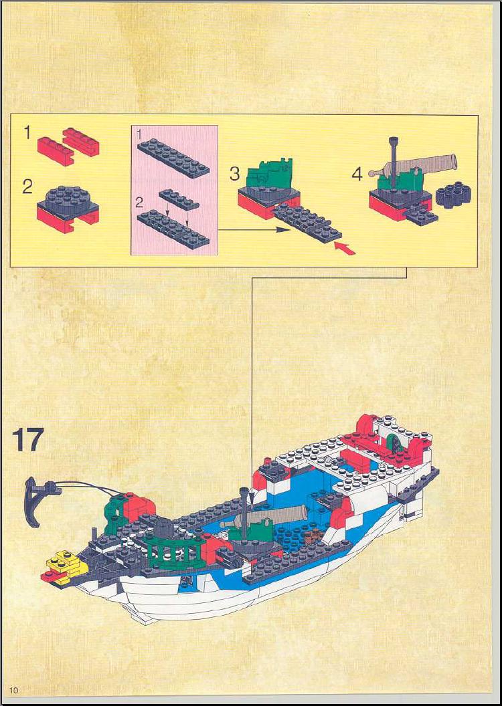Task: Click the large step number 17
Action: coord(28,439)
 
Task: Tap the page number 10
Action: coord(13,690)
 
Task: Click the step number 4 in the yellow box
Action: coord(357,174)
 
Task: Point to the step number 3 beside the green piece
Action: coord(234,174)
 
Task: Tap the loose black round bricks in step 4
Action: coord(453,195)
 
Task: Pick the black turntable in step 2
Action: coord(67,200)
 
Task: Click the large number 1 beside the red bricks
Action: coord(27,133)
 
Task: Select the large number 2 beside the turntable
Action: coord(27,187)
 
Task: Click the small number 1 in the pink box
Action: coord(139,134)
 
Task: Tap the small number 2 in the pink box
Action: coord(140,203)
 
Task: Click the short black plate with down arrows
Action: coord(179,199)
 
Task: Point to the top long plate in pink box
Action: coord(173,158)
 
